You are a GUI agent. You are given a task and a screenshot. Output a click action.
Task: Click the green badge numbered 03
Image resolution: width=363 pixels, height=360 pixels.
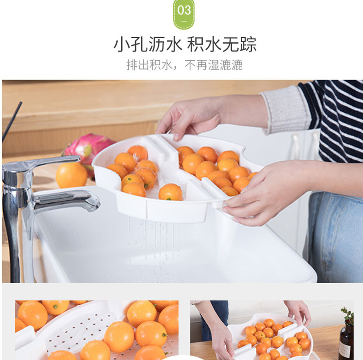pos(184,14)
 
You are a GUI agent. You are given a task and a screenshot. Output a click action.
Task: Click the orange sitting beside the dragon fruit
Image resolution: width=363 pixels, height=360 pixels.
pos(72,175)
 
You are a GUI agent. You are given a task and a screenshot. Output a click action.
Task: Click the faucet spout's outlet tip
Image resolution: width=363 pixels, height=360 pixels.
pos(95,207)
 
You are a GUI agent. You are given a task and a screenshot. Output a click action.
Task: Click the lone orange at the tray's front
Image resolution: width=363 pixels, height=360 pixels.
pos(170,192)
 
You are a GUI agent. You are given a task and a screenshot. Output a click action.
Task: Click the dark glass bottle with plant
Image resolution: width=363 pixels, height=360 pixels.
pos(346,338)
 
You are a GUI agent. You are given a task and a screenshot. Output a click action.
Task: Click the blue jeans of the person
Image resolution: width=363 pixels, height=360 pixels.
pos(335,236)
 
